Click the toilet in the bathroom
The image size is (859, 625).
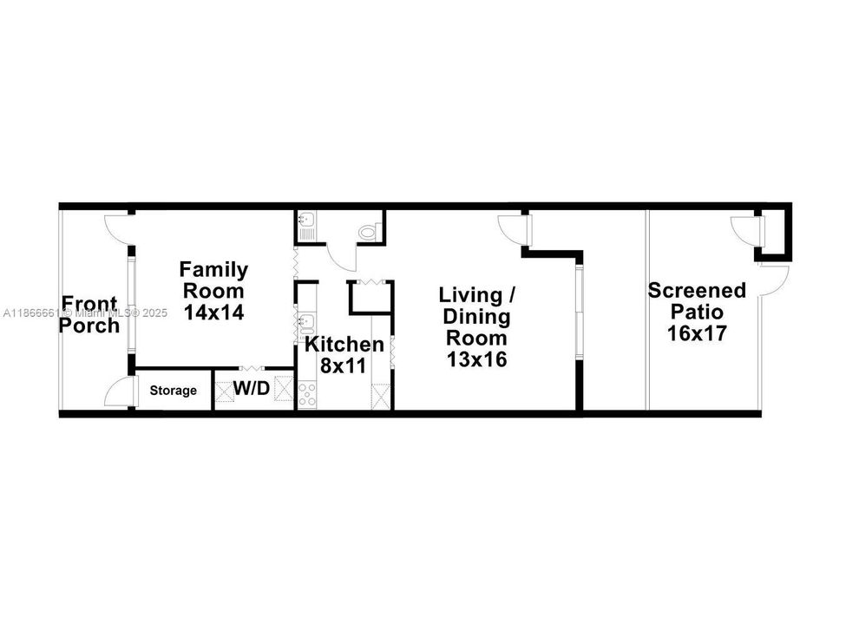point(369,231)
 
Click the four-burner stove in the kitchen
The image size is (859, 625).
point(307,394)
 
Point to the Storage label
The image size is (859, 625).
point(174,391)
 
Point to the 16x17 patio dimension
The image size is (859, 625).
point(697,332)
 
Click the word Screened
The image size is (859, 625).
point(697,291)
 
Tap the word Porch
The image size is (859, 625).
point(91,326)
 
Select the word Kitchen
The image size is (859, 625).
point(344,345)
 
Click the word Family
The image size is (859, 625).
point(213,270)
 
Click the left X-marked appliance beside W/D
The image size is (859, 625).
point(226,391)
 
